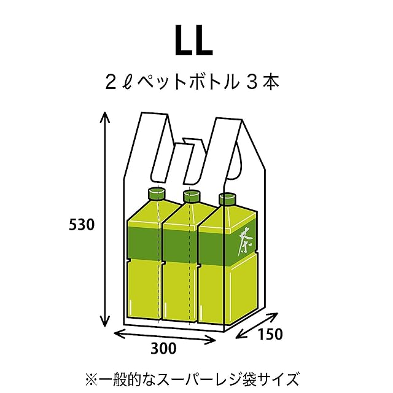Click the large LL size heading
[195, 42]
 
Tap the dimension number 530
[81, 225]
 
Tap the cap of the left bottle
[156, 195]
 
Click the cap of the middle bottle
[192, 196]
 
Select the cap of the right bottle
[228, 198]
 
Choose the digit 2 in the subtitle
[111, 82]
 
